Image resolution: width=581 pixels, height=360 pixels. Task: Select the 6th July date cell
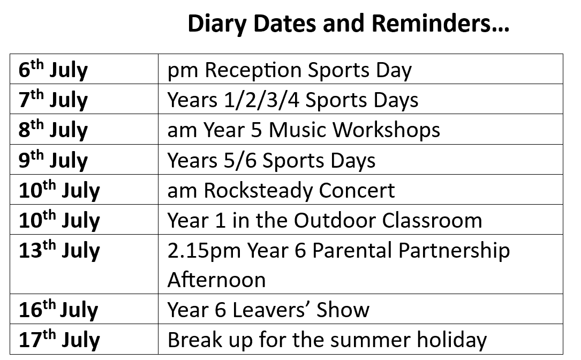pos(84,69)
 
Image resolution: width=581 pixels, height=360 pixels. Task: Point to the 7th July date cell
pos(84,99)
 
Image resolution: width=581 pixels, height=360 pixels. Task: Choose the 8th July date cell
pos(84,129)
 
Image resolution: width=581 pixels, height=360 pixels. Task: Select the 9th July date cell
pos(84,160)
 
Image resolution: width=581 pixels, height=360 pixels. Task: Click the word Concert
pos(357,191)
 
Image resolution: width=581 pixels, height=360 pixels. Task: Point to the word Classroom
pos(432,221)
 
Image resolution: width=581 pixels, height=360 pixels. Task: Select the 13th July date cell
pos(84,264)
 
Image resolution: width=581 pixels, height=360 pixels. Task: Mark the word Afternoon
pos(217,280)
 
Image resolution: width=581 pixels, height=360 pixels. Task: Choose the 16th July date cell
pos(84,309)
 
